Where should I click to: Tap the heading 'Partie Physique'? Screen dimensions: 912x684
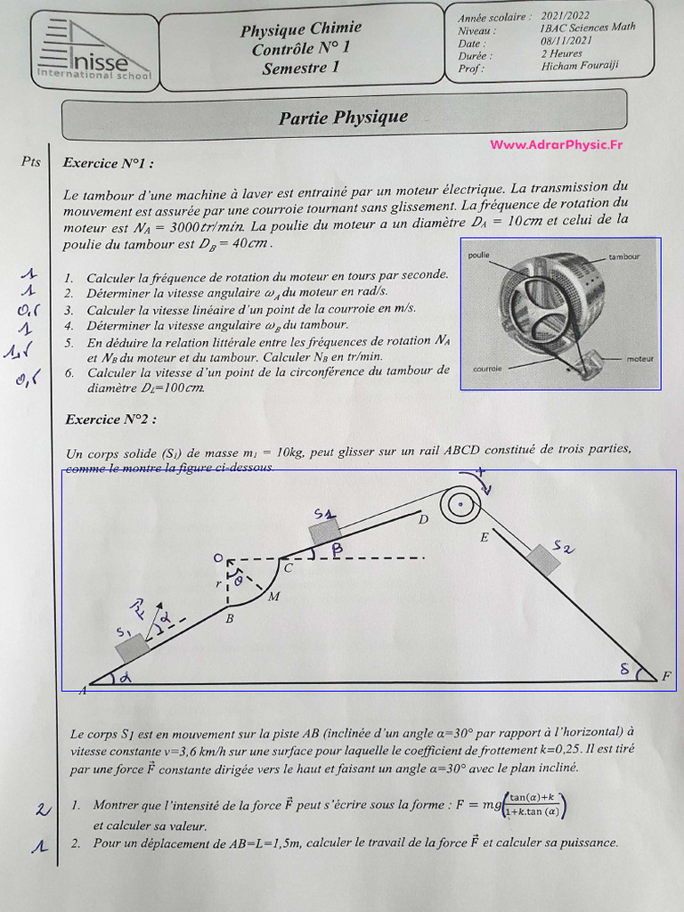pyautogui.click(x=343, y=118)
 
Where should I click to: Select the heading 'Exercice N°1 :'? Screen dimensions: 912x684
pyautogui.click(x=108, y=164)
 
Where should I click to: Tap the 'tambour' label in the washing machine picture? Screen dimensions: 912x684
pyautogui.click(x=623, y=256)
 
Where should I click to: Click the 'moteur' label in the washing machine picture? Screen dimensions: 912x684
pyautogui.click(x=639, y=358)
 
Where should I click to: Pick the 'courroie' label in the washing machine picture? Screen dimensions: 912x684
pyautogui.click(x=488, y=368)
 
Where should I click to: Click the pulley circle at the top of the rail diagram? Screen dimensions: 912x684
pyautogui.click(x=458, y=506)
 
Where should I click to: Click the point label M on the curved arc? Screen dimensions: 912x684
pyautogui.click(x=273, y=597)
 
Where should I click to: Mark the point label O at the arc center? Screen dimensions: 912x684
pyautogui.click(x=217, y=558)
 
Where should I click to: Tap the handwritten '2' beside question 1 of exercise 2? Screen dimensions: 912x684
pyautogui.click(x=40, y=809)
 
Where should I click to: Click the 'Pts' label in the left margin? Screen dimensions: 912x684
pyautogui.click(x=31, y=161)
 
